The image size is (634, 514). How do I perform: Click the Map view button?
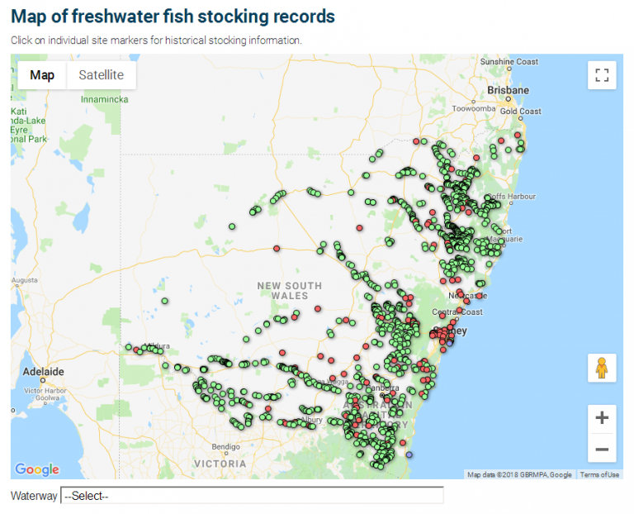click(42, 75)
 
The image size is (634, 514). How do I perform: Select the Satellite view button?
click(101, 75)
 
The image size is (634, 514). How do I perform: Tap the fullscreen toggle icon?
click(602, 75)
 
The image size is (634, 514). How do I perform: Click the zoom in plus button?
click(602, 417)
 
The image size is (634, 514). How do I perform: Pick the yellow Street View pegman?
click(602, 368)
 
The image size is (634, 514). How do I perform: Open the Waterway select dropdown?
click(252, 496)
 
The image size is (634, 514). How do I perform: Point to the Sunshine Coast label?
click(509, 62)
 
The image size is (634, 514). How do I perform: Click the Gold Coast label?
click(520, 112)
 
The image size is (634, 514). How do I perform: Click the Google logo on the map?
click(37, 469)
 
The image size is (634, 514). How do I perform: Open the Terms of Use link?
click(599, 474)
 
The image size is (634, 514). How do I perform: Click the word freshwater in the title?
click(126, 16)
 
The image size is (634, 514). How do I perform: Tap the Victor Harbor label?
click(45, 390)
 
